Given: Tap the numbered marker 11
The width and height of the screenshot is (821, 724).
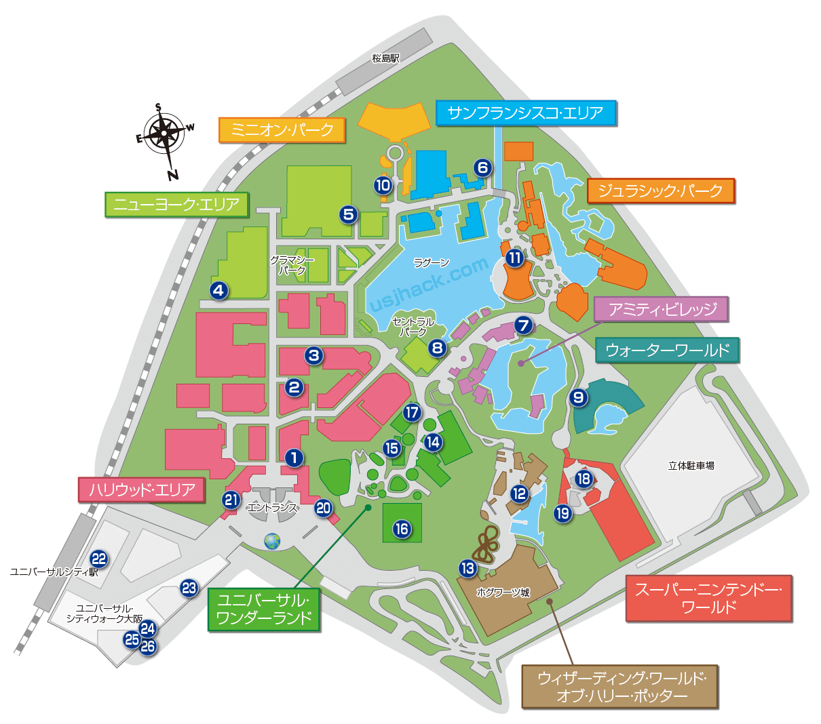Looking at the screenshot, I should click(x=515, y=258).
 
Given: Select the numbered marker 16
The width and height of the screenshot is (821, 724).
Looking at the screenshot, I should click(x=402, y=529).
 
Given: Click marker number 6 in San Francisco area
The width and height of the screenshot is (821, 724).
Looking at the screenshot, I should click(x=482, y=167).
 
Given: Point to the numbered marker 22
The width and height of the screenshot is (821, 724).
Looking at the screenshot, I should click(x=99, y=559).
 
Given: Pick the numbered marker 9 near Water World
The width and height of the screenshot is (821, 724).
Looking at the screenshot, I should click(x=578, y=397).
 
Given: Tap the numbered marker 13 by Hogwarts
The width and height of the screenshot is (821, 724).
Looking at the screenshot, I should click(x=467, y=568).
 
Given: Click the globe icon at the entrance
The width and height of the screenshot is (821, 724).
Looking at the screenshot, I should click(x=272, y=541).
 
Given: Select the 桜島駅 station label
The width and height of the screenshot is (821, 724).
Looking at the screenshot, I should click(x=385, y=58).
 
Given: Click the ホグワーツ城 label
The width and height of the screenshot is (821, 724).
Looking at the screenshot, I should click(x=503, y=592).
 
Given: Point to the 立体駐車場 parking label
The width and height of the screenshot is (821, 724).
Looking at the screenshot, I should click(x=691, y=465).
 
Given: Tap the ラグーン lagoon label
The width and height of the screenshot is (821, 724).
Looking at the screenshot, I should click(x=432, y=262).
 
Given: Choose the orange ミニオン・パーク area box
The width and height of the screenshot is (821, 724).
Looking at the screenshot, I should click(x=282, y=130).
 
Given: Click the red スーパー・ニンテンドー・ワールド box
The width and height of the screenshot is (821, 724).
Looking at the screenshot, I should click(x=708, y=598).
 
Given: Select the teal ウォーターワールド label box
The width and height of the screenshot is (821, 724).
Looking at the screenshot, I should click(x=667, y=350).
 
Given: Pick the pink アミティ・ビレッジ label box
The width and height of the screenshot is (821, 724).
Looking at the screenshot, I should click(x=661, y=309).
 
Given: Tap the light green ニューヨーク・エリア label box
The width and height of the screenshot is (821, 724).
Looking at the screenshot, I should click(x=176, y=204).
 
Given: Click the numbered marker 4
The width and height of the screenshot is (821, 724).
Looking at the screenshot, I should click(x=218, y=290).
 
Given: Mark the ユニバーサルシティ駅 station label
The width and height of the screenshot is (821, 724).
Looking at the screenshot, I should click(x=54, y=571).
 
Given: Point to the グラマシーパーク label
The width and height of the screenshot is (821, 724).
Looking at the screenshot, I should click(x=292, y=265).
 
